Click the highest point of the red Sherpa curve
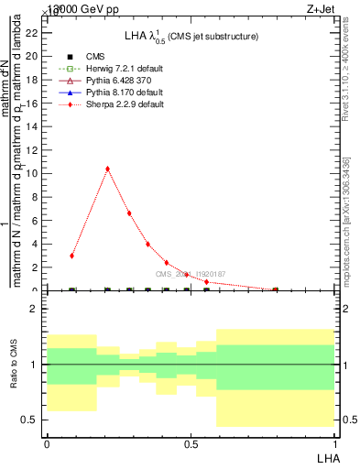point(108,169)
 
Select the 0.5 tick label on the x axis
point(191,442)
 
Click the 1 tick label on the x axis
point(333,442)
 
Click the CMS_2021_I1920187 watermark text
point(189,274)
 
